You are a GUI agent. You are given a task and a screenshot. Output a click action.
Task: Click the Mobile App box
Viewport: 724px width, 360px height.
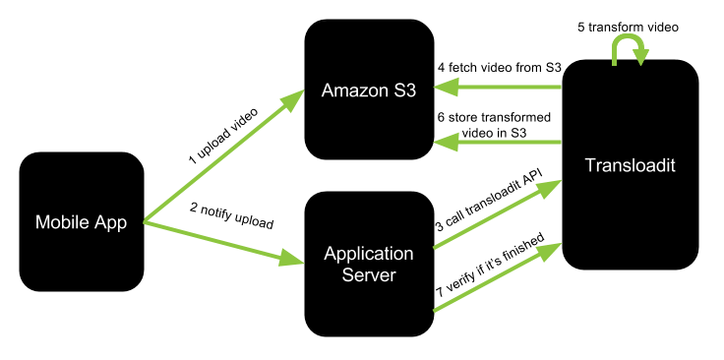point(82,221)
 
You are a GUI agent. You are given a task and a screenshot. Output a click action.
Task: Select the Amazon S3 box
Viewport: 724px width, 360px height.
point(369,90)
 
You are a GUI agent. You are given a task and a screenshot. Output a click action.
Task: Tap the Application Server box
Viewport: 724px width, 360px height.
point(369,263)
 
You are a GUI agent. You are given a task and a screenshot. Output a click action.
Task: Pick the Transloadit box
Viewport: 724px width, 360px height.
point(631,165)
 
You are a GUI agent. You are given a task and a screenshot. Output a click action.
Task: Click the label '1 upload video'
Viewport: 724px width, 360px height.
point(223,135)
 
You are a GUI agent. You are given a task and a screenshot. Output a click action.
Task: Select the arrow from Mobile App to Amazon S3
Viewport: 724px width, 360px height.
point(221,157)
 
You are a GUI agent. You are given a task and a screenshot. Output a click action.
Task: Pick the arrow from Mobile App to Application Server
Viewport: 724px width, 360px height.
point(221,241)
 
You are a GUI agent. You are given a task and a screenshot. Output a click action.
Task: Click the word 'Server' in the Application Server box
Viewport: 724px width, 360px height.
point(369,274)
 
